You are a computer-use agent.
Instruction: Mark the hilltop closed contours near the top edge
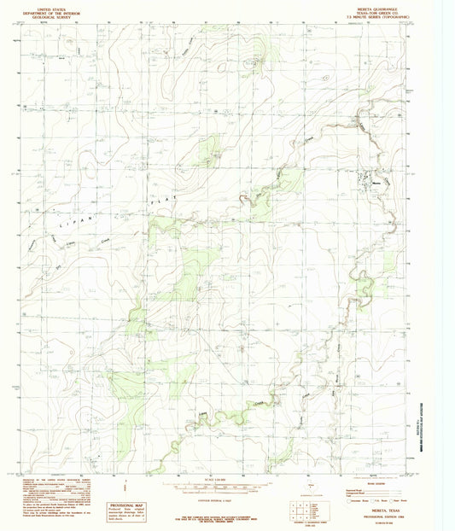tap(254, 61)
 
